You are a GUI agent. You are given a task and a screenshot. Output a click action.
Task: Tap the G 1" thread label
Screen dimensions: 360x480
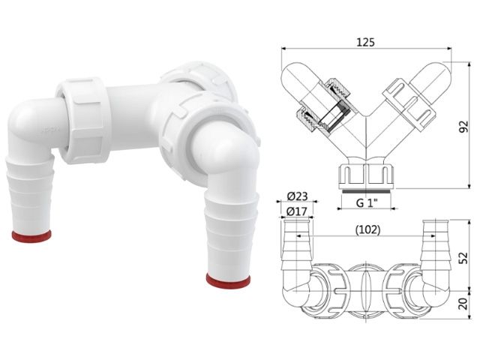366,203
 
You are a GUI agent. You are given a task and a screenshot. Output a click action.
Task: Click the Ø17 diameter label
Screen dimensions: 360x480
298,212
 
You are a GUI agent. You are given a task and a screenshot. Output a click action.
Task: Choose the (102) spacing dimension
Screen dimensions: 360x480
365,230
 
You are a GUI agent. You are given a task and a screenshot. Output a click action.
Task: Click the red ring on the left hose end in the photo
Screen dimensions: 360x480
31,236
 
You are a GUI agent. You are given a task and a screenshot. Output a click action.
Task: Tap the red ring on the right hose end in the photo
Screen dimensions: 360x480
229,280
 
